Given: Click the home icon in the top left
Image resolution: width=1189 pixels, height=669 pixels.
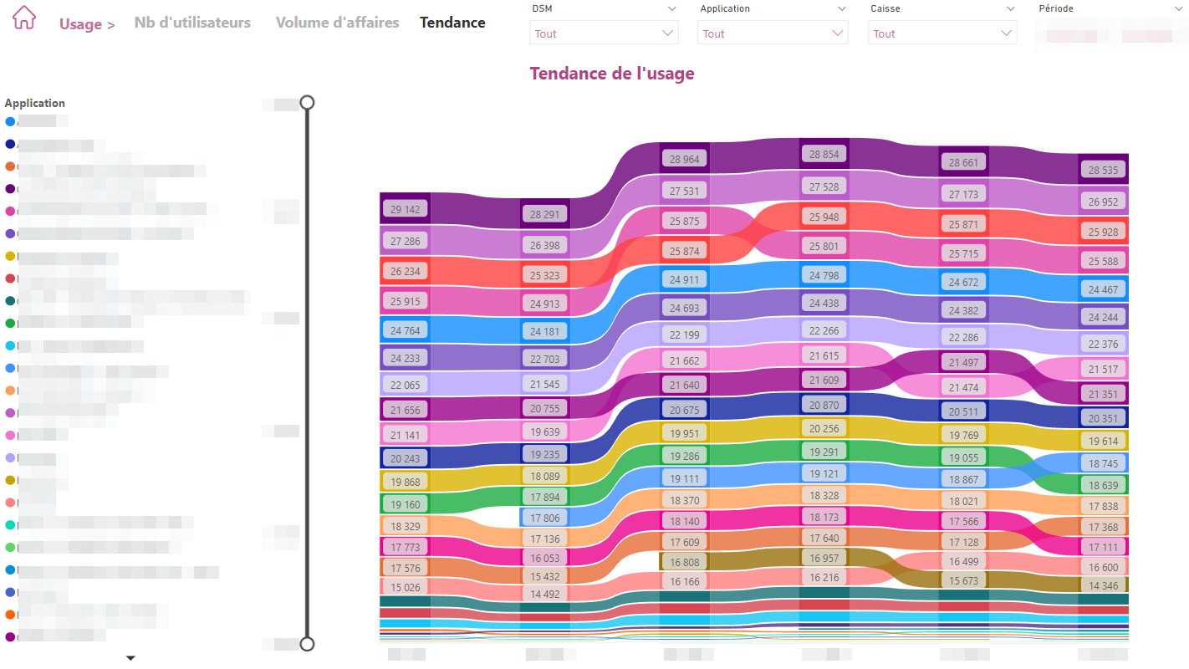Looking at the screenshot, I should (x=24, y=18).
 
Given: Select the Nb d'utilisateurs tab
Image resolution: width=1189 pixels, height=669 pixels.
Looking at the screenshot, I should (x=192, y=23).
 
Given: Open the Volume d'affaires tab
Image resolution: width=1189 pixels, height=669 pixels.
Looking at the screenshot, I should (x=337, y=23).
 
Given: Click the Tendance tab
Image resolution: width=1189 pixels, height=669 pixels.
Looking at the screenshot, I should (x=452, y=23).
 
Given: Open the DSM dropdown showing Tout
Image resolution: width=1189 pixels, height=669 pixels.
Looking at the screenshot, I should (x=603, y=33).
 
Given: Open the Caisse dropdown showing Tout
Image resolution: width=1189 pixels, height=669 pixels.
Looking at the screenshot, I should (x=942, y=33).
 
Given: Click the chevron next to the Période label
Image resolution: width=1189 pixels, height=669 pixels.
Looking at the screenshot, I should (x=1178, y=8).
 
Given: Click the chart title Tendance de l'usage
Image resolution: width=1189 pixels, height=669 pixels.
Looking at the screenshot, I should (x=611, y=74).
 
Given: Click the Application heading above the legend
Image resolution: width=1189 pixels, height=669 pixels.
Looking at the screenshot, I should (x=35, y=104).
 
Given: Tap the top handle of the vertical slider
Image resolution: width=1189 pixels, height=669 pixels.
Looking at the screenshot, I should (x=307, y=102).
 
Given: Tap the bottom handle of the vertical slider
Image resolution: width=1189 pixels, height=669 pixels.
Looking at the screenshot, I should (x=307, y=643).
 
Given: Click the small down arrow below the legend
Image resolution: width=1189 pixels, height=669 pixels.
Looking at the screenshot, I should (x=130, y=658).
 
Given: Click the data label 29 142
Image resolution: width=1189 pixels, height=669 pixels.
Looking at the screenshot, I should (x=406, y=209).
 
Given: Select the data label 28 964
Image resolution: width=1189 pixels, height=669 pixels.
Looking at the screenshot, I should (x=684, y=159).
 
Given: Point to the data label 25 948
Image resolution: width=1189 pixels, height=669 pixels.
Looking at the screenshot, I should (x=824, y=217).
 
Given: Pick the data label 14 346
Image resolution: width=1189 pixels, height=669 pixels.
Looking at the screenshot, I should (x=1103, y=586).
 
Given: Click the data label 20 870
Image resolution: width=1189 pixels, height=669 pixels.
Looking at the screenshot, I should (x=824, y=405).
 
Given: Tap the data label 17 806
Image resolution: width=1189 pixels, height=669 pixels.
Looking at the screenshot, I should (x=545, y=518).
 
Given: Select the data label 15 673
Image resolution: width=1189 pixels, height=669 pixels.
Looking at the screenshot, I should (x=963, y=581).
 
